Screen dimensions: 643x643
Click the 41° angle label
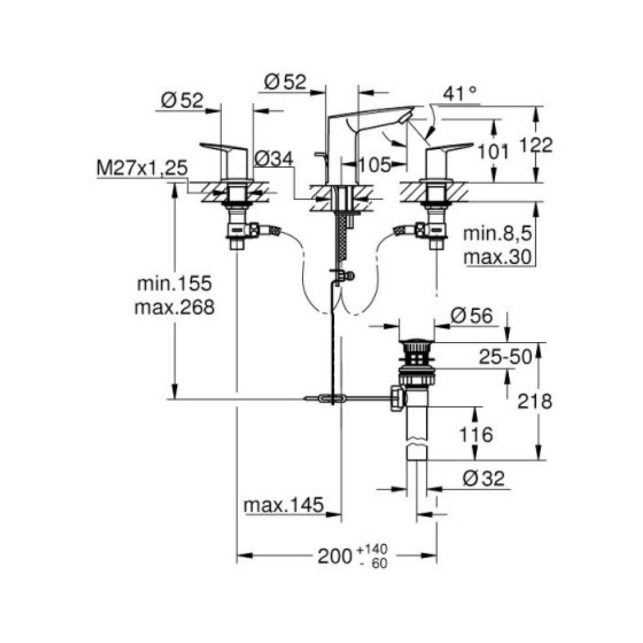(x=460, y=93)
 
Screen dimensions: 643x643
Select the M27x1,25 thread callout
(x=142, y=168)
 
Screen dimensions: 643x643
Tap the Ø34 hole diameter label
(x=274, y=159)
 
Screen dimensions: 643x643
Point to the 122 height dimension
(x=536, y=145)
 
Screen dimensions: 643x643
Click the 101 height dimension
(x=494, y=152)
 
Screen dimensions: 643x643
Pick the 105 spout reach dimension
(x=375, y=165)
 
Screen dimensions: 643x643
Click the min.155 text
(x=174, y=283)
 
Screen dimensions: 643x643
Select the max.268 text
(x=174, y=307)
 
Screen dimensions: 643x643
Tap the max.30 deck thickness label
(x=497, y=258)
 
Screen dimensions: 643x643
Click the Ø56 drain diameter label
(x=472, y=316)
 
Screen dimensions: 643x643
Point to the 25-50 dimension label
(x=505, y=357)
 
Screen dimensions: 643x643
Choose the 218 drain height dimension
(x=534, y=401)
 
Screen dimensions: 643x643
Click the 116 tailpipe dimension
(x=476, y=434)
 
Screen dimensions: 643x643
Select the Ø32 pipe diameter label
(x=483, y=478)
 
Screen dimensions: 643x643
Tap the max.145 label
(x=284, y=505)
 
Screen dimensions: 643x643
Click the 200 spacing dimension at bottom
(x=335, y=556)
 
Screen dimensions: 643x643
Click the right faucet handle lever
(x=450, y=147)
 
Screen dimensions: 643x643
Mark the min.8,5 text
(x=497, y=234)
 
